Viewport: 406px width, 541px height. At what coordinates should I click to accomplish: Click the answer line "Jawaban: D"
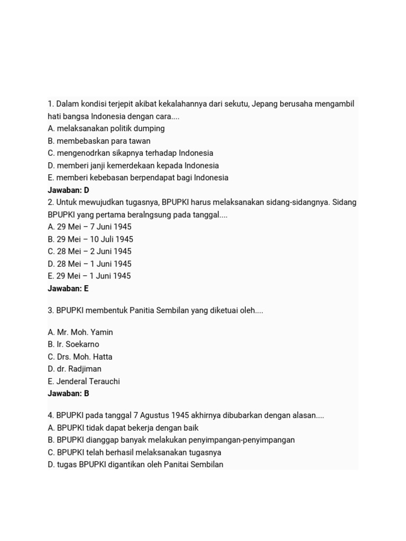[x=68, y=190]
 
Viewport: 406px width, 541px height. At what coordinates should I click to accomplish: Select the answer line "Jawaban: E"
[x=68, y=288]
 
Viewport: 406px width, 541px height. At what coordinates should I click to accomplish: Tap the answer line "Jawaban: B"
[x=68, y=394]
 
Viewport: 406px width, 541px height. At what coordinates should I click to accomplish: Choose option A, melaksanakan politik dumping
[x=106, y=128]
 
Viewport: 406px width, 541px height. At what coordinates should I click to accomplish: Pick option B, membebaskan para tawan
[x=99, y=141]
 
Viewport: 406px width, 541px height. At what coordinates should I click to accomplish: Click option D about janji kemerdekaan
[x=133, y=165]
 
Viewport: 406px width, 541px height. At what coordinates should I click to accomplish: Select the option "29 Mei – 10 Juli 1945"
[x=90, y=239]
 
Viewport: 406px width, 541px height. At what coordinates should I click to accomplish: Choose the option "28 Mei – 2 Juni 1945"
[x=89, y=251]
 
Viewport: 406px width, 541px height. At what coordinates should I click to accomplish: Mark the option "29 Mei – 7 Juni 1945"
[x=89, y=227]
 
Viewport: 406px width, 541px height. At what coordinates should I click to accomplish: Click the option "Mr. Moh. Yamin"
[x=80, y=332]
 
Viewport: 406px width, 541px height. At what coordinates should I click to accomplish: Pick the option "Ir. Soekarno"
[x=73, y=344]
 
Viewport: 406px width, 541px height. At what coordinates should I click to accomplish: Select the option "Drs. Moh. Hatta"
[x=80, y=357]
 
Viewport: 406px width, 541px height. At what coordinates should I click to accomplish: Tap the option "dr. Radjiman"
[x=75, y=369]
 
